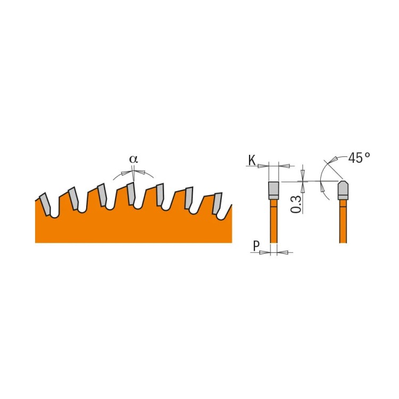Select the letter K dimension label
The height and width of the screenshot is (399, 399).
tap(251, 160)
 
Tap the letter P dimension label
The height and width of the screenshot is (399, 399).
tap(256, 246)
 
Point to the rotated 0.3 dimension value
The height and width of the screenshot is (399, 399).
tap(296, 204)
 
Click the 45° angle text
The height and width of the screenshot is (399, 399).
tap(359, 158)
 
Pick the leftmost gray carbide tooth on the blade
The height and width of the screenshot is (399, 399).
tap(46, 203)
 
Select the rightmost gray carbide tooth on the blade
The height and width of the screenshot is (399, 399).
tap(217, 203)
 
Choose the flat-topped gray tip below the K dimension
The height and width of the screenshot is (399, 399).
tap(273, 189)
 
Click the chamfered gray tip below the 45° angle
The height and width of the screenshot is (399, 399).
tap(343, 189)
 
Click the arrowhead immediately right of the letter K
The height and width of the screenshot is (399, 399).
tap(262, 166)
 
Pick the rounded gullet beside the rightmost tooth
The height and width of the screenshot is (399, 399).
tap(225, 210)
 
